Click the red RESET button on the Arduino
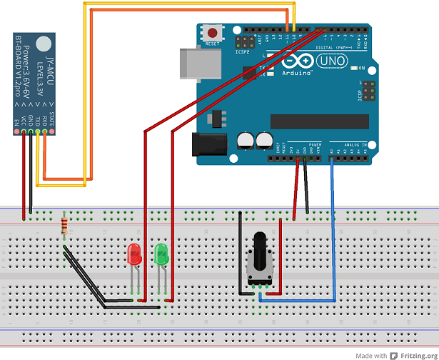pos(213,33)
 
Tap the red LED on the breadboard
pos(133,255)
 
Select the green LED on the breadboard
pos(161,254)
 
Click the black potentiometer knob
pos(261,246)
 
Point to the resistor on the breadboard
pos(66,226)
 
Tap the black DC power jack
pos(211,145)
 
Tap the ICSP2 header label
pos(242,51)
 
